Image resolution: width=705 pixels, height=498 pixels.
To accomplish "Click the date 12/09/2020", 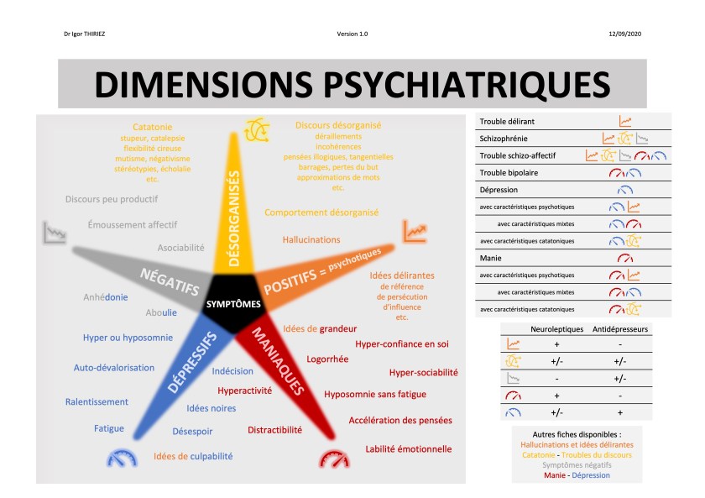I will tap(624, 34).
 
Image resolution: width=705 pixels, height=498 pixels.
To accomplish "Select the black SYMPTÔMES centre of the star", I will tap(233, 304).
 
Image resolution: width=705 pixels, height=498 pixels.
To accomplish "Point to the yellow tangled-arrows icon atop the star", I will tap(256, 129).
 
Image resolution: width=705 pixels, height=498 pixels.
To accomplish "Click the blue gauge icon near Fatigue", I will tap(122, 459).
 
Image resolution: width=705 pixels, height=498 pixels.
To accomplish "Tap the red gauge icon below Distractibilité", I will tap(333, 459).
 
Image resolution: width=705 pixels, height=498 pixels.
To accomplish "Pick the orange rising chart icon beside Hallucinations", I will tap(414, 229).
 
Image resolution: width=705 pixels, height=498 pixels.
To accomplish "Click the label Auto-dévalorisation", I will tap(114, 367).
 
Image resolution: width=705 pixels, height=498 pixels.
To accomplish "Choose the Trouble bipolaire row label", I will tap(509, 172).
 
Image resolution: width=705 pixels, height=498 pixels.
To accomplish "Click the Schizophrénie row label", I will tap(504, 139).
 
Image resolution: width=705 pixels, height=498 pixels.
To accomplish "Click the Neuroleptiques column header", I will tap(556, 328).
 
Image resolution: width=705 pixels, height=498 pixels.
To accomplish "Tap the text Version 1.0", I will tap(352, 34).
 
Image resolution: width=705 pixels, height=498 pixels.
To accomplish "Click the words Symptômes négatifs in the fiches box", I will tap(577, 464).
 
